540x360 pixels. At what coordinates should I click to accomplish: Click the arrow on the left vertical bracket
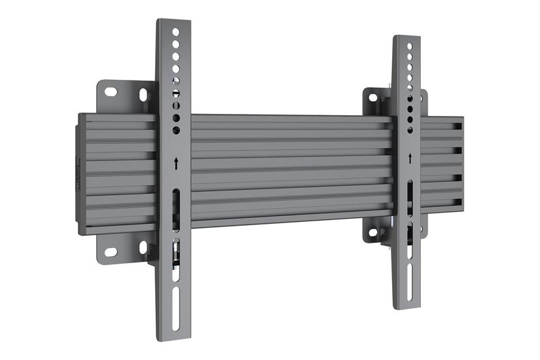(x=175, y=164)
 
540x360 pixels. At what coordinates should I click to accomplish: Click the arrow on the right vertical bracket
(x=410, y=158)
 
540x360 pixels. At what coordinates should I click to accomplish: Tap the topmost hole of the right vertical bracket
(x=410, y=47)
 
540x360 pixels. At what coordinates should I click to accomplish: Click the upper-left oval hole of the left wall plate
(x=111, y=92)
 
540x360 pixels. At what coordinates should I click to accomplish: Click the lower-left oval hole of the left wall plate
(x=111, y=252)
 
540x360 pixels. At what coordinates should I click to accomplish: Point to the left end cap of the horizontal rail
(x=82, y=174)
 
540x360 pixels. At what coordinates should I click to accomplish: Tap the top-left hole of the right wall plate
(x=372, y=98)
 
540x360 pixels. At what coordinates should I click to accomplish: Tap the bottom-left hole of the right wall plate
(x=372, y=232)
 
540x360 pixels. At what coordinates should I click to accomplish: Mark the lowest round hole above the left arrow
(x=175, y=130)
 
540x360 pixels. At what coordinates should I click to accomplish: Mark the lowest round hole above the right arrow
(x=410, y=128)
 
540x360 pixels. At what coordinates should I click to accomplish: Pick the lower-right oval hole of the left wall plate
(x=143, y=247)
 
